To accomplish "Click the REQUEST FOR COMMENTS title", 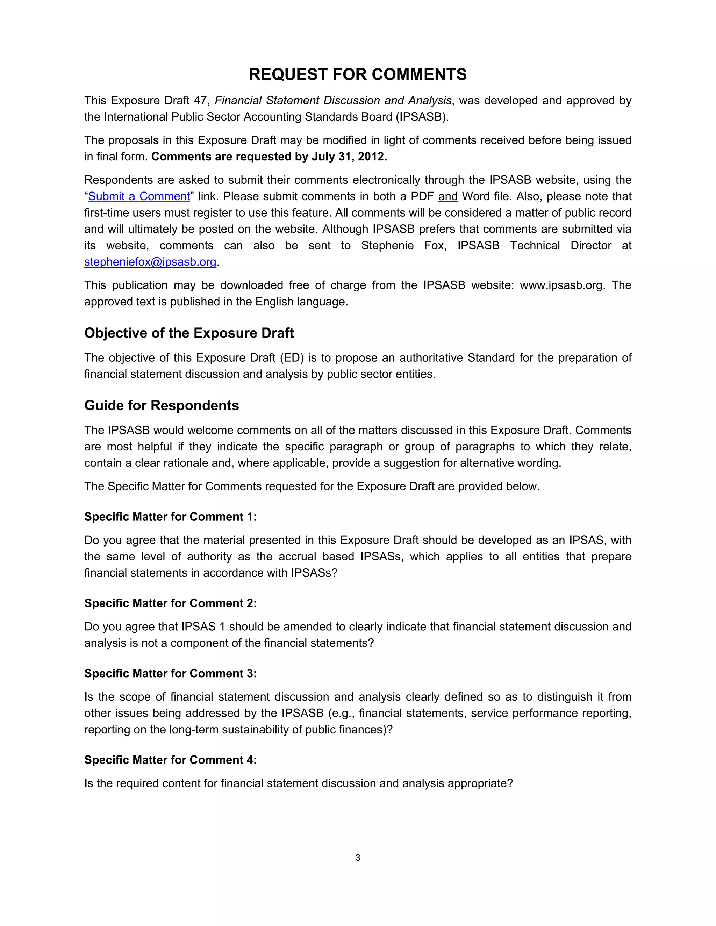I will [x=358, y=75].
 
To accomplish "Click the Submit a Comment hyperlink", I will [x=139, y=197].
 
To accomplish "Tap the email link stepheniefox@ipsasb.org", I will [x=150, y=262].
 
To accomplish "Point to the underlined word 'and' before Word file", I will [x=447, y=197].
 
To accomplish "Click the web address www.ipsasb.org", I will [x=561, y=285].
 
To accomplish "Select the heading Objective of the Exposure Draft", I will [x=189, y=333].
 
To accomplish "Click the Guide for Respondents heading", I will [x=162, y=406].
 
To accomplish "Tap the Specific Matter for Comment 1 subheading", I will [x=170, y=517].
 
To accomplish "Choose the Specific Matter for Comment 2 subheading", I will [x=170, y=603].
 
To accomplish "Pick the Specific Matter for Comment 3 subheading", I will [x=170, y=674].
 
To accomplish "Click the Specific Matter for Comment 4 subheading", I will [x=170, y=760].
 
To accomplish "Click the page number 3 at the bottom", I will [x=358, y=858].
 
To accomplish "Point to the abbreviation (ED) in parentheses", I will [x=292, y=358].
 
